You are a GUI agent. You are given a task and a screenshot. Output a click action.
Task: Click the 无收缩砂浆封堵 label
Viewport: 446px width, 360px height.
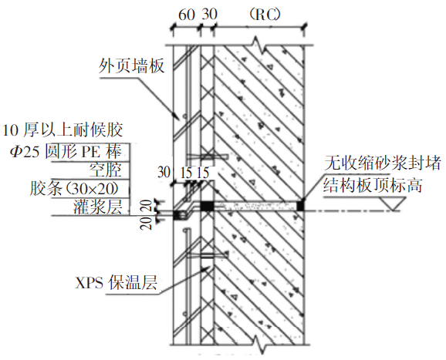[383, 163]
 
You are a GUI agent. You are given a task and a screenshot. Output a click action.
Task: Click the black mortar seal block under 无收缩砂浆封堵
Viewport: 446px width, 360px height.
[301, 205]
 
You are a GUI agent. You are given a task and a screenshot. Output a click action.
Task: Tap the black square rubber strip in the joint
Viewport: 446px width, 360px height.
[207, 206]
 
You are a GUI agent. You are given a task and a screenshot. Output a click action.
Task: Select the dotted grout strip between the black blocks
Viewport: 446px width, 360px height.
[254, 205]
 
